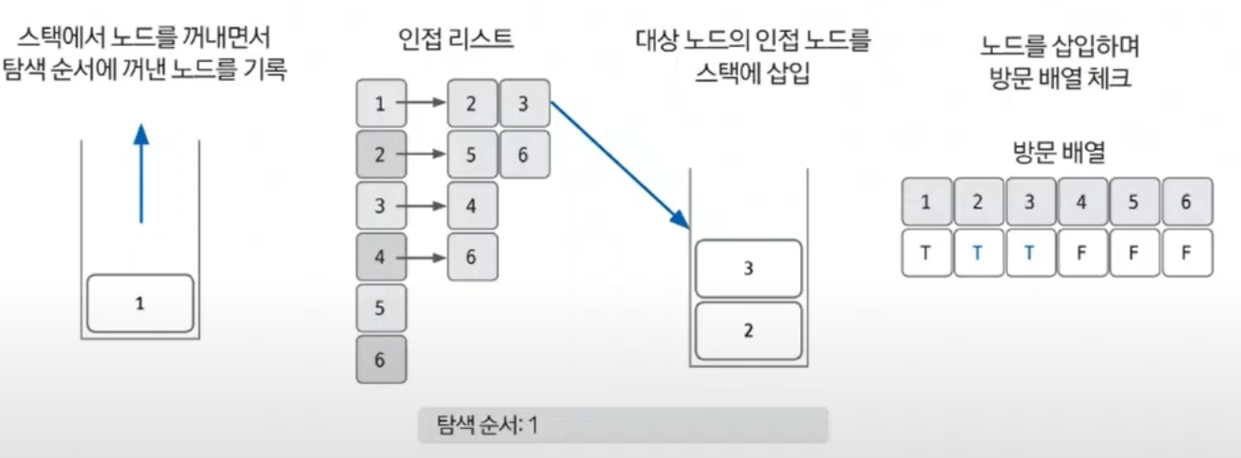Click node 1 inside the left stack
(x=139, y=303)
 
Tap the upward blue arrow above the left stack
(x=140, y=173)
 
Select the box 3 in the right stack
(x=749, y=269)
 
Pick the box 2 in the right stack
(x=749, y=331)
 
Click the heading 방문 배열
(x=1058, y=153)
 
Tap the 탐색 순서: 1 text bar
(x=622, y=424)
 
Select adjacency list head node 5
(x=381, y=307)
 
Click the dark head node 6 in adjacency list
(x=381, y=359)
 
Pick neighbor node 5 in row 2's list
(x=472, y=155)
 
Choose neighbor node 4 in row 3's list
(x=472, y=205)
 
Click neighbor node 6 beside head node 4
(x=472, y=257)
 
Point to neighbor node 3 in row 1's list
(x=523, y=104)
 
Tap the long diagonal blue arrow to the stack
(x=620, y=165)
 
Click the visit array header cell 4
(x=1082, y=201)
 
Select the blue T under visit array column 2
(x=978, y=253)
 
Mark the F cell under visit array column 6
(x=1187, y=253)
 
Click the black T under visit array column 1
(x=926, y=253)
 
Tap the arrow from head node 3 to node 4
(x=426, y=206)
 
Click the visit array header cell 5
(x=1134, y=201)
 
